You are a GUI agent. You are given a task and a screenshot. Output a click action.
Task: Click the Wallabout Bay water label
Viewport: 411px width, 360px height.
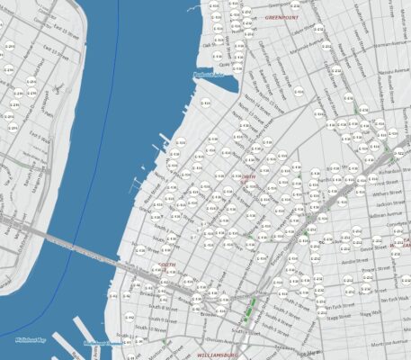[x=31, y=340]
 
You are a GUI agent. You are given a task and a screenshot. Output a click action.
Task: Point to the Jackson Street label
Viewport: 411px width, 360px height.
[x=388, y=204]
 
